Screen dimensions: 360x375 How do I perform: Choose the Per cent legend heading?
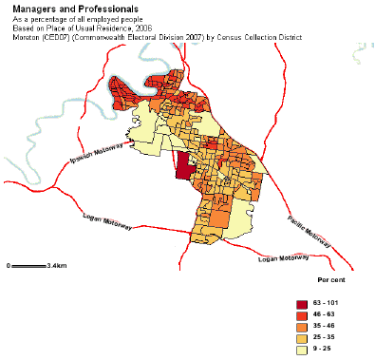[330, 283]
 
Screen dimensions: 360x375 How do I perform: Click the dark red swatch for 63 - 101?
[303, 302]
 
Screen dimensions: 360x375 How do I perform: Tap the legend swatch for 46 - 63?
[303, 313]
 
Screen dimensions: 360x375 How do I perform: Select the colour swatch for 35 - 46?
[303, 325]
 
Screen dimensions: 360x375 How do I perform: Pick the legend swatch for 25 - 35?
[303, 336]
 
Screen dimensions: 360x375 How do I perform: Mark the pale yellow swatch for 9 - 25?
[303, 348]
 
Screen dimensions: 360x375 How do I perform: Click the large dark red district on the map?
[183, 165]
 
